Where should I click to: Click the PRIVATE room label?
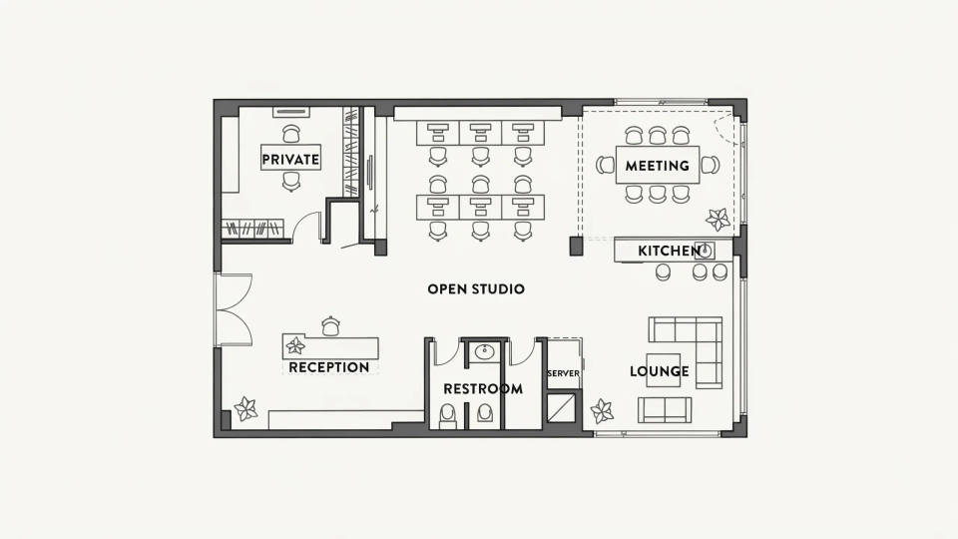(x=290, y=160)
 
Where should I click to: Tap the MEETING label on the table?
(x=657, y=166)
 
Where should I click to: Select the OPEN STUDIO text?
(x=476, y=289)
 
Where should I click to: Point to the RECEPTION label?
(x=328, y=367)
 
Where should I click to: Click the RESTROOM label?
(x=483, y=388)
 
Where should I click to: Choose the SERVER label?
(x=563, y=373)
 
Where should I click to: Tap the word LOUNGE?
(x=660, y=371)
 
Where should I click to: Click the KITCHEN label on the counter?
(x=669, y=251)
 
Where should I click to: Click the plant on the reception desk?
(x=295, y=346)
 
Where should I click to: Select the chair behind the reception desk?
(x=330, y=326)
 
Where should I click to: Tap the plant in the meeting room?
(x=718, y=220)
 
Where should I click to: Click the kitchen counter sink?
(x=705, y=250)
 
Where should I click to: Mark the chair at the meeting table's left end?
(x=605, y=165)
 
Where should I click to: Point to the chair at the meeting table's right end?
(x=710, y=165)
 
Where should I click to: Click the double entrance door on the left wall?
(x=233, y=309)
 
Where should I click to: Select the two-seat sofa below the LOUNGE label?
(x=665, y=410)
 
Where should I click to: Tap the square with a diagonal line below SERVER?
(x=561, y=408)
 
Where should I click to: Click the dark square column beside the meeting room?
(x=576, y=247)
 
